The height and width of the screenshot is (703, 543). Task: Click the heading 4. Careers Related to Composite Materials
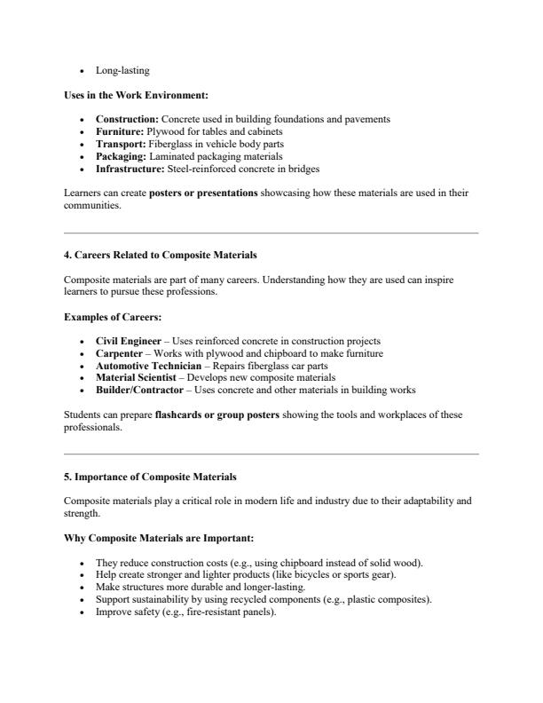point(161,256)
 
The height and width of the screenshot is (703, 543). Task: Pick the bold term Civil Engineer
point(129,341)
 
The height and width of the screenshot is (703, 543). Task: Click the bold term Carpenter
point(121,353)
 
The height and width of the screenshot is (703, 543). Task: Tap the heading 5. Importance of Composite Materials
point(150,478)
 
